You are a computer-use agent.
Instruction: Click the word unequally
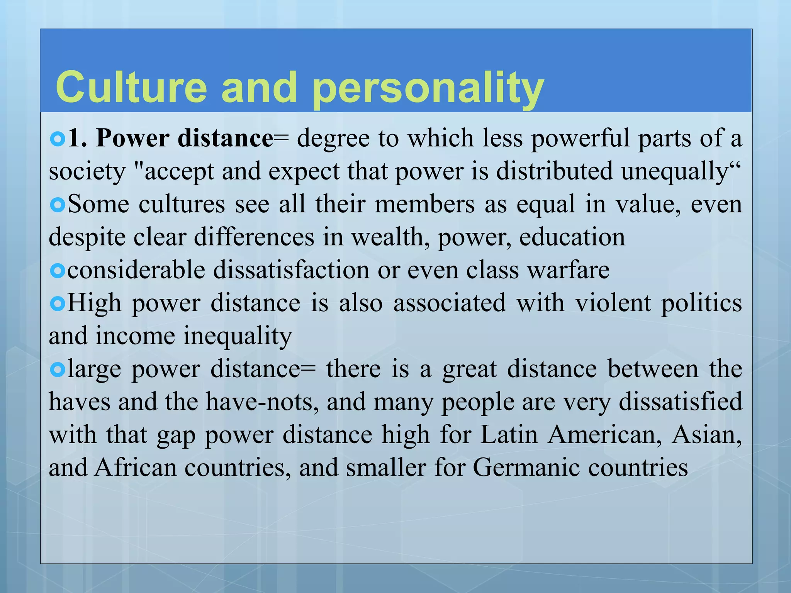coord(674,172)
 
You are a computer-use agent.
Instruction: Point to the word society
coord(87,172)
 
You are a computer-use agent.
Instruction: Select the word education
coord(572,237)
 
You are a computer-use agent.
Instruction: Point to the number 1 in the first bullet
coord(74,138)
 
